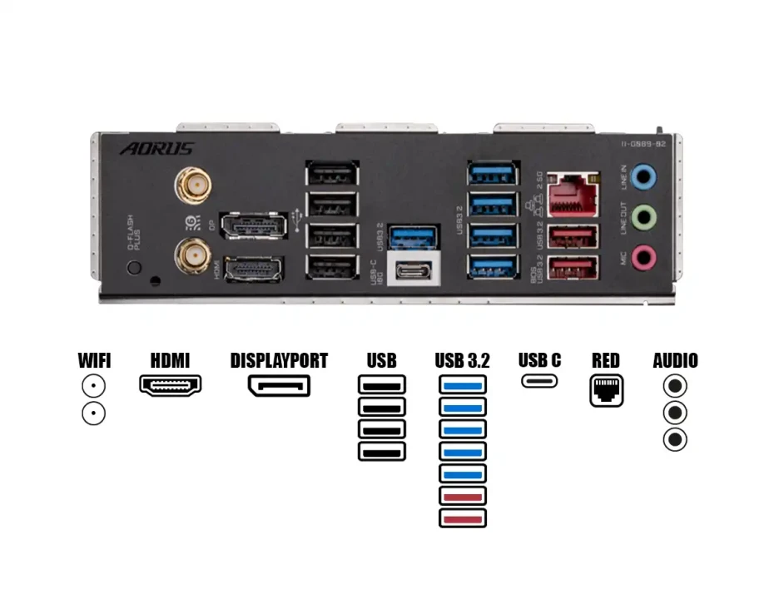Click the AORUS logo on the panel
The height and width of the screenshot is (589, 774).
[157, 149]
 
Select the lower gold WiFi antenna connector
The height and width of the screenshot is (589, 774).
[193, 256]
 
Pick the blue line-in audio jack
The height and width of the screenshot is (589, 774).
[643, 176]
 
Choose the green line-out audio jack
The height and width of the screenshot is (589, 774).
[643, 218]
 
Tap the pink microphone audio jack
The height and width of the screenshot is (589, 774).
[643, 257]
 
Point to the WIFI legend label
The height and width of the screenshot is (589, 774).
[94, 361]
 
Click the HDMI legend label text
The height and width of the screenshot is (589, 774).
[170, 361]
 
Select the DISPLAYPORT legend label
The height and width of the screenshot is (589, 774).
[279, 361]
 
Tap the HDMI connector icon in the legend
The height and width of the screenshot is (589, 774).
[170, 385]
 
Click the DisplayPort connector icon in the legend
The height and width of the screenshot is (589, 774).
[279, 386]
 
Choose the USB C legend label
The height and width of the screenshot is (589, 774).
[539, 360]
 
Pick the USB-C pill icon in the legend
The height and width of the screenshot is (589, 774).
[539, 382]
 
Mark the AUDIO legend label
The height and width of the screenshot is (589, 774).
[675, 361]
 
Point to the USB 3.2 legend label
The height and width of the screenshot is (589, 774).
[462, 361]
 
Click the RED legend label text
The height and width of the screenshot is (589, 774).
[606, 361]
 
